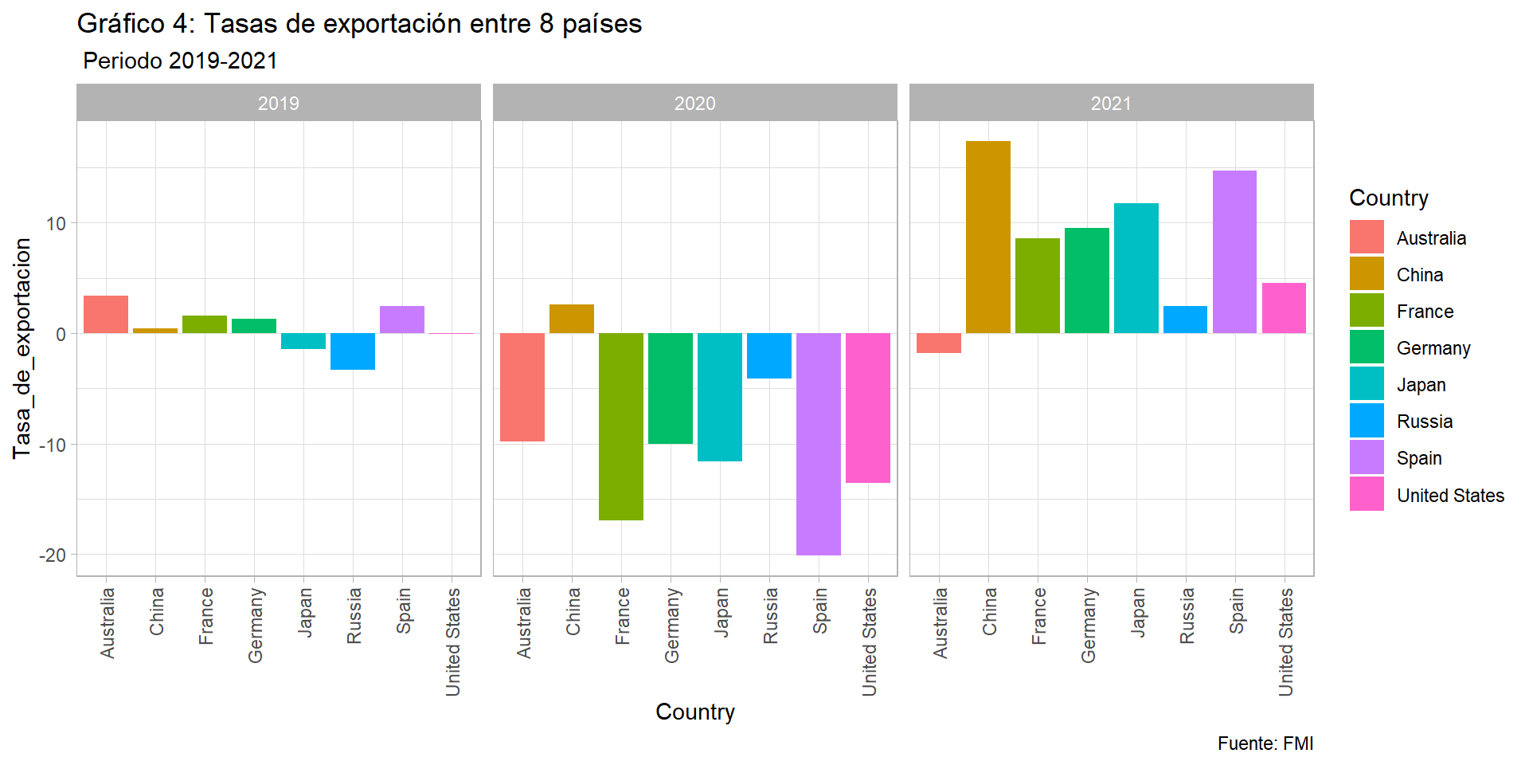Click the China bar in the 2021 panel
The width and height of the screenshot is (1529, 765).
987,237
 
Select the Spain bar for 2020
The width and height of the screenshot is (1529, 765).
818,444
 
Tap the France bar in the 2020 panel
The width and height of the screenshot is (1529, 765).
620,426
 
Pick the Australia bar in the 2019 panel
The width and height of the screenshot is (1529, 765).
106,314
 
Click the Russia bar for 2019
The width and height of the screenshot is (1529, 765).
353,351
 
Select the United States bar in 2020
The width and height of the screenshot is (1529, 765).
867,407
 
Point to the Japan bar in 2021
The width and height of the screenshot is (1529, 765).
1136,268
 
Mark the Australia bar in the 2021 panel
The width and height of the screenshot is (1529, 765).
938,343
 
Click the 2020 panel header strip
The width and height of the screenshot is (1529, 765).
694,103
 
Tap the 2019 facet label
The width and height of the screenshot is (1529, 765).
279,103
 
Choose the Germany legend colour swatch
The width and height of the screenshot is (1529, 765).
1367,347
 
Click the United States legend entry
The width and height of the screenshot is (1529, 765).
1449,495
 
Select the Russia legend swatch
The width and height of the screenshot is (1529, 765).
1367,421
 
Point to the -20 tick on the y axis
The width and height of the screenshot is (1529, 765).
53,555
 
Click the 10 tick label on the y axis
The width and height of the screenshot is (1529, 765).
56,223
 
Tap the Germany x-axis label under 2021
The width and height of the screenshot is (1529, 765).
1088,625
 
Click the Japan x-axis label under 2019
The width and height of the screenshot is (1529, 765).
304,612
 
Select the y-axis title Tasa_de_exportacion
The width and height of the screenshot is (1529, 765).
22,348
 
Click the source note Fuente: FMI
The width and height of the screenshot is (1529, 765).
1265,743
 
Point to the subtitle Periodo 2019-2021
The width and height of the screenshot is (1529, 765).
180,61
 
